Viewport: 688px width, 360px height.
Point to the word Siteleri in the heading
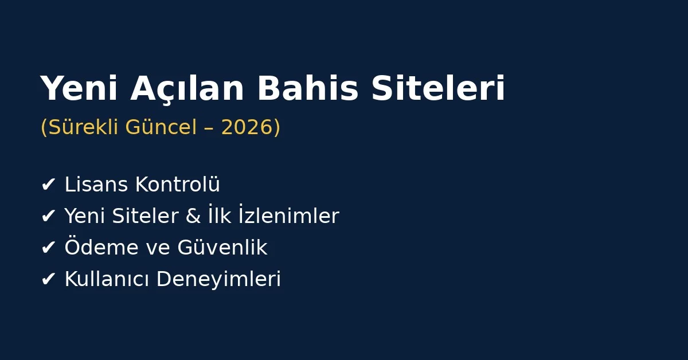coord(438,89)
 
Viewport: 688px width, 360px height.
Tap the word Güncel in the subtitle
coord(161,128)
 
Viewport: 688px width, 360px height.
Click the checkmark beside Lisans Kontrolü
coord(48,185)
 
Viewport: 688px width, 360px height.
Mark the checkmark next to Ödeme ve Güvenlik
coord(48,248)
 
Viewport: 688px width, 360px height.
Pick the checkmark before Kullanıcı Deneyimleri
coord(48,280)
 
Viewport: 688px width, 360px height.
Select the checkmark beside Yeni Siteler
coord(48,217)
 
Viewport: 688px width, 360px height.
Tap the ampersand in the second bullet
coord(191,217)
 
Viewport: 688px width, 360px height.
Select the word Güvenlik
coord(222,248)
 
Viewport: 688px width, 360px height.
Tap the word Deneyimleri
coord(218,280)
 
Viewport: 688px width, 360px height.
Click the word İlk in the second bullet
coord(219,217)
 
